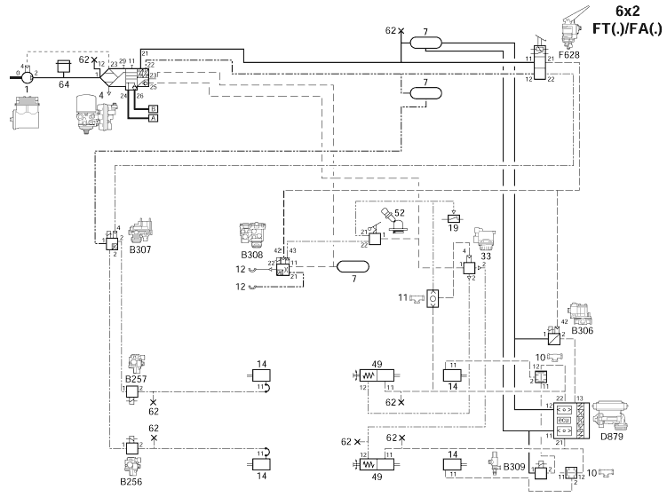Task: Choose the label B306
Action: click(583, 330)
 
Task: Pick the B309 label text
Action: click(515, 466)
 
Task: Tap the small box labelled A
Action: click(153, 117)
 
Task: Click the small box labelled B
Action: click(153, 107)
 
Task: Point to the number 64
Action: click(63, 85)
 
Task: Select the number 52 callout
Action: click(400, 213)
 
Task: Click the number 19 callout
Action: click(455, 229)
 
